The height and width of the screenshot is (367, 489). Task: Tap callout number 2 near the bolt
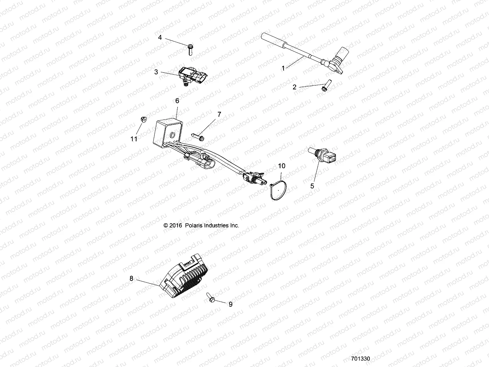coord(294,87)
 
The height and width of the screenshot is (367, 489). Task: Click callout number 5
coord(312,186)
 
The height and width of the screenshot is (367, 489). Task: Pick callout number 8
coord(131,278)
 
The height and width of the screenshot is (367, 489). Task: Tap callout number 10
coord(281,166)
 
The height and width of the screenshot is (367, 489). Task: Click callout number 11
coord(134,139)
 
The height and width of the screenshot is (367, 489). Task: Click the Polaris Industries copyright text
coord(201,225)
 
